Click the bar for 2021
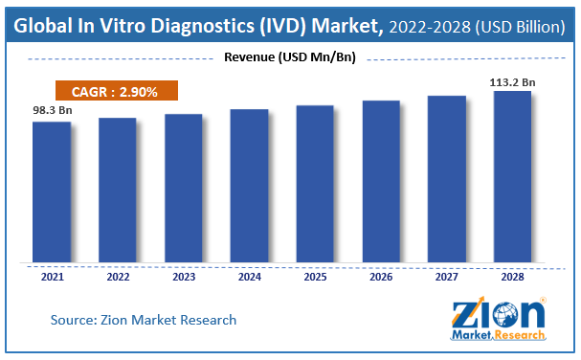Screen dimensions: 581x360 52,192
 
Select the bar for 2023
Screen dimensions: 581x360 184,188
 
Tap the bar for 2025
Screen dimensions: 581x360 315,184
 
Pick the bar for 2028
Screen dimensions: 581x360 512,177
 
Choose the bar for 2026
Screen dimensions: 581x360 381,181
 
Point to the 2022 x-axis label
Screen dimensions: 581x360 118,277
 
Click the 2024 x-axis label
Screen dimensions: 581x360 250,277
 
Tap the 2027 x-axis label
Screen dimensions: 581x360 447,277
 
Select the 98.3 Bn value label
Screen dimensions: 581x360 53,110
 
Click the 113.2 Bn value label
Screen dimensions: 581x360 512,82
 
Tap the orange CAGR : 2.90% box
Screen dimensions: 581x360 117,90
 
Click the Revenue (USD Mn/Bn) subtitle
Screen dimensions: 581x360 290,57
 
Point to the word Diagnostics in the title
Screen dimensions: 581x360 203,26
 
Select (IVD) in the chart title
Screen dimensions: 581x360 282,26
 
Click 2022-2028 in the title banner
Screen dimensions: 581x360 430,27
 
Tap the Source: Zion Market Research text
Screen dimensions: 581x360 144,320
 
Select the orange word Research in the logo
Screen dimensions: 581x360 520,335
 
